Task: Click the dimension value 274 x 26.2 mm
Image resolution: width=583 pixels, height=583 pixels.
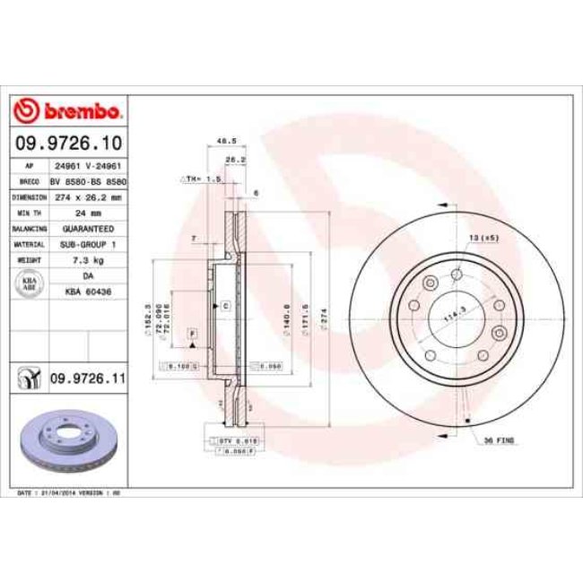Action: pyautogui.click(x=88, y=197)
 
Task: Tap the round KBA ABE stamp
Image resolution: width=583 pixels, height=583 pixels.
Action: pyautogui.click(x=29, y=283)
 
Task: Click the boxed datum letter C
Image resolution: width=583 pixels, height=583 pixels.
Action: pyautogui.click(x=226, y=306)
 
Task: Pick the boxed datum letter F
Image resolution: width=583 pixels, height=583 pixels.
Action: pyautogui.click(x=191, y=334)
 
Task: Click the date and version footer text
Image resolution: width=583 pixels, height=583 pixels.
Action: pyautogui.click(x=70, y=493)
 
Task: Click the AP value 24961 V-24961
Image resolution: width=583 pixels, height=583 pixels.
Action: pyautogui.click(x=88, y=166)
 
